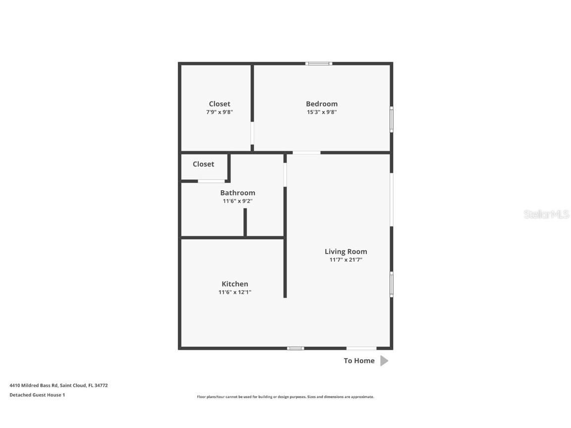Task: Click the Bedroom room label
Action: [322, 104]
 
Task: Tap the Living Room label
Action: [345, 251]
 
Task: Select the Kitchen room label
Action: [234, 284]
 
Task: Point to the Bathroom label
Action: [237, 193]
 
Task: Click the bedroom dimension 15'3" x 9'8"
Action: [322, 112]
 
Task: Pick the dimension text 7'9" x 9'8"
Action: [220, 112]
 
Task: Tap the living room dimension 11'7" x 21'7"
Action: [345, 260]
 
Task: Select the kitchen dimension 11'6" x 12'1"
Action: [234, 292]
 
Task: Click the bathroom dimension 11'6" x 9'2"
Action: [237, 201]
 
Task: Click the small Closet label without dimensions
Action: [203, 164]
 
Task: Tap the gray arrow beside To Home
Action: [384, 361]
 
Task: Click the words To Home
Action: [359, 361]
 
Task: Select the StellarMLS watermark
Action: [546, 214]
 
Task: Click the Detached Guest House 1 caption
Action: [37, 395]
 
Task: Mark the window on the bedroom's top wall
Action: [318, 63]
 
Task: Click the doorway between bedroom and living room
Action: [306, 152]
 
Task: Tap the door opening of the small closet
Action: [211, 181]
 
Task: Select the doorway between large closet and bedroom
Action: [252, 133]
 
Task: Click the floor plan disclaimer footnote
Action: [285, 397]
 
